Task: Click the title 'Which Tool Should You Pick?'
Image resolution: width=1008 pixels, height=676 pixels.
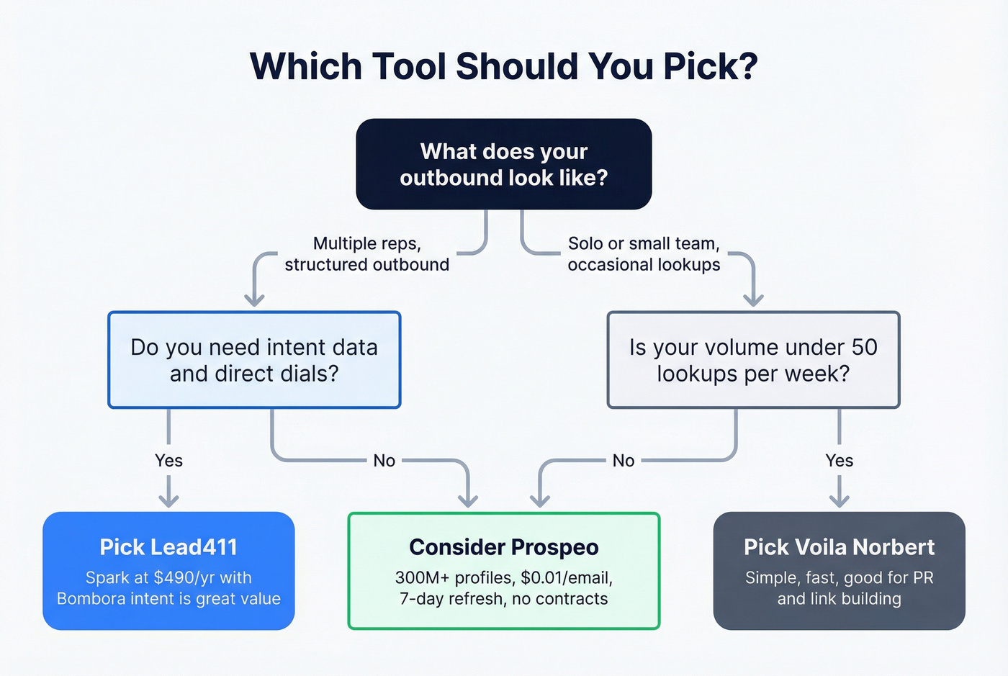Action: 503,66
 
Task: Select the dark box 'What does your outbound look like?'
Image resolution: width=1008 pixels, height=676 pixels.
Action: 503,164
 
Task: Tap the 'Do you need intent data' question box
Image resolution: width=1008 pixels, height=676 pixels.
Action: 254,360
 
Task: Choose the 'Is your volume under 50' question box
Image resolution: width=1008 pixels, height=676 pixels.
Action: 753,360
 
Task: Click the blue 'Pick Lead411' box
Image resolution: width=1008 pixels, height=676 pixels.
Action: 168,571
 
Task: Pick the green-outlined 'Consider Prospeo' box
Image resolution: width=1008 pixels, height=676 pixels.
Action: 503,571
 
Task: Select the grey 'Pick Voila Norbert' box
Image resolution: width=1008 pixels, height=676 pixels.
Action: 839,571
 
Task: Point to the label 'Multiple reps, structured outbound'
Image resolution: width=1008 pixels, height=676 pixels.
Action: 366,254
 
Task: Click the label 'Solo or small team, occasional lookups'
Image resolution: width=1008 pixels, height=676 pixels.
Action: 644,254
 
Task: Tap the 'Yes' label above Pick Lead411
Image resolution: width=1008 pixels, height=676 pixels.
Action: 168,461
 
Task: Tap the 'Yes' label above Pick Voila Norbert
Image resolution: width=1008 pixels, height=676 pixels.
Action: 839,461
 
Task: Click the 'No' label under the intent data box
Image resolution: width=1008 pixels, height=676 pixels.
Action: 384,461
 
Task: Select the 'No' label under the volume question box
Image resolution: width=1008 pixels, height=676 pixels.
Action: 624,461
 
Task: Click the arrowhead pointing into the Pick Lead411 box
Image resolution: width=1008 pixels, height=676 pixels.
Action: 168,500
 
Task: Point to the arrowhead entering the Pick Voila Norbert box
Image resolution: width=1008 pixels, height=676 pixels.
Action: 839,500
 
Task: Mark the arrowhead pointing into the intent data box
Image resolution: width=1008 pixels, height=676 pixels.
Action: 254,299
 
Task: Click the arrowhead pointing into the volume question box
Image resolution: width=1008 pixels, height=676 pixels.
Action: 753,299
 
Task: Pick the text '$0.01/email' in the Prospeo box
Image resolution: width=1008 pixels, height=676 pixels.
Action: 567,578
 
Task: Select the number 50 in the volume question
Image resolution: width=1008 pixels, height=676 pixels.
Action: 864,348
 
